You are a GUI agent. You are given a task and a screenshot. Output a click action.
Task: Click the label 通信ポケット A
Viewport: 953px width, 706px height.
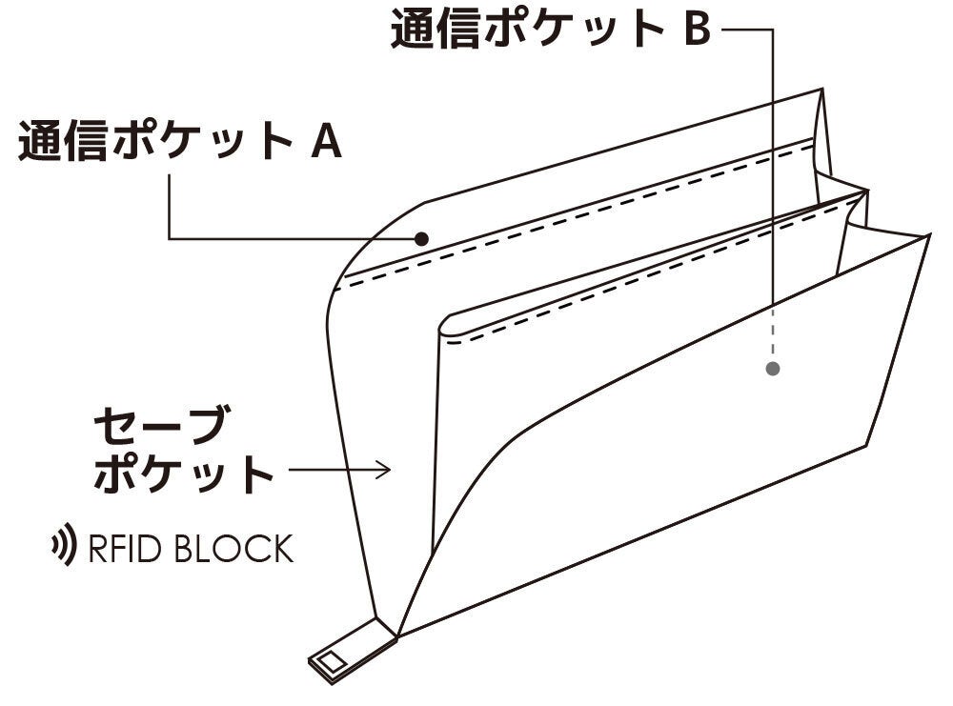point(179,142)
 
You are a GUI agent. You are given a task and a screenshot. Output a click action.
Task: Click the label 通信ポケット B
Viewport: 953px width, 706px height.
point(550,29)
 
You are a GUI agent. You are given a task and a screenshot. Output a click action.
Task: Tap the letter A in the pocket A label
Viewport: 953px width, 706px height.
point(325,143)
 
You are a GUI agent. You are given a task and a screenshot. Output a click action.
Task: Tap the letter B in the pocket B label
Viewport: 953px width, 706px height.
point(696,29)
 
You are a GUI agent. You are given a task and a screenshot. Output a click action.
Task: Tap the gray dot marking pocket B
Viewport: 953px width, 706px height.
point(773,368)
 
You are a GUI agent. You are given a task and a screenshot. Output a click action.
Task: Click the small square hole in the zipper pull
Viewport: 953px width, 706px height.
point(331,659)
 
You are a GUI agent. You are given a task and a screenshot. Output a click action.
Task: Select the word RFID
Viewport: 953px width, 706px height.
point(123,549)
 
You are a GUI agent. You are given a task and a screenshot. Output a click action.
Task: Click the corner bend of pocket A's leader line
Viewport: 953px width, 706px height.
point(169,237)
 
